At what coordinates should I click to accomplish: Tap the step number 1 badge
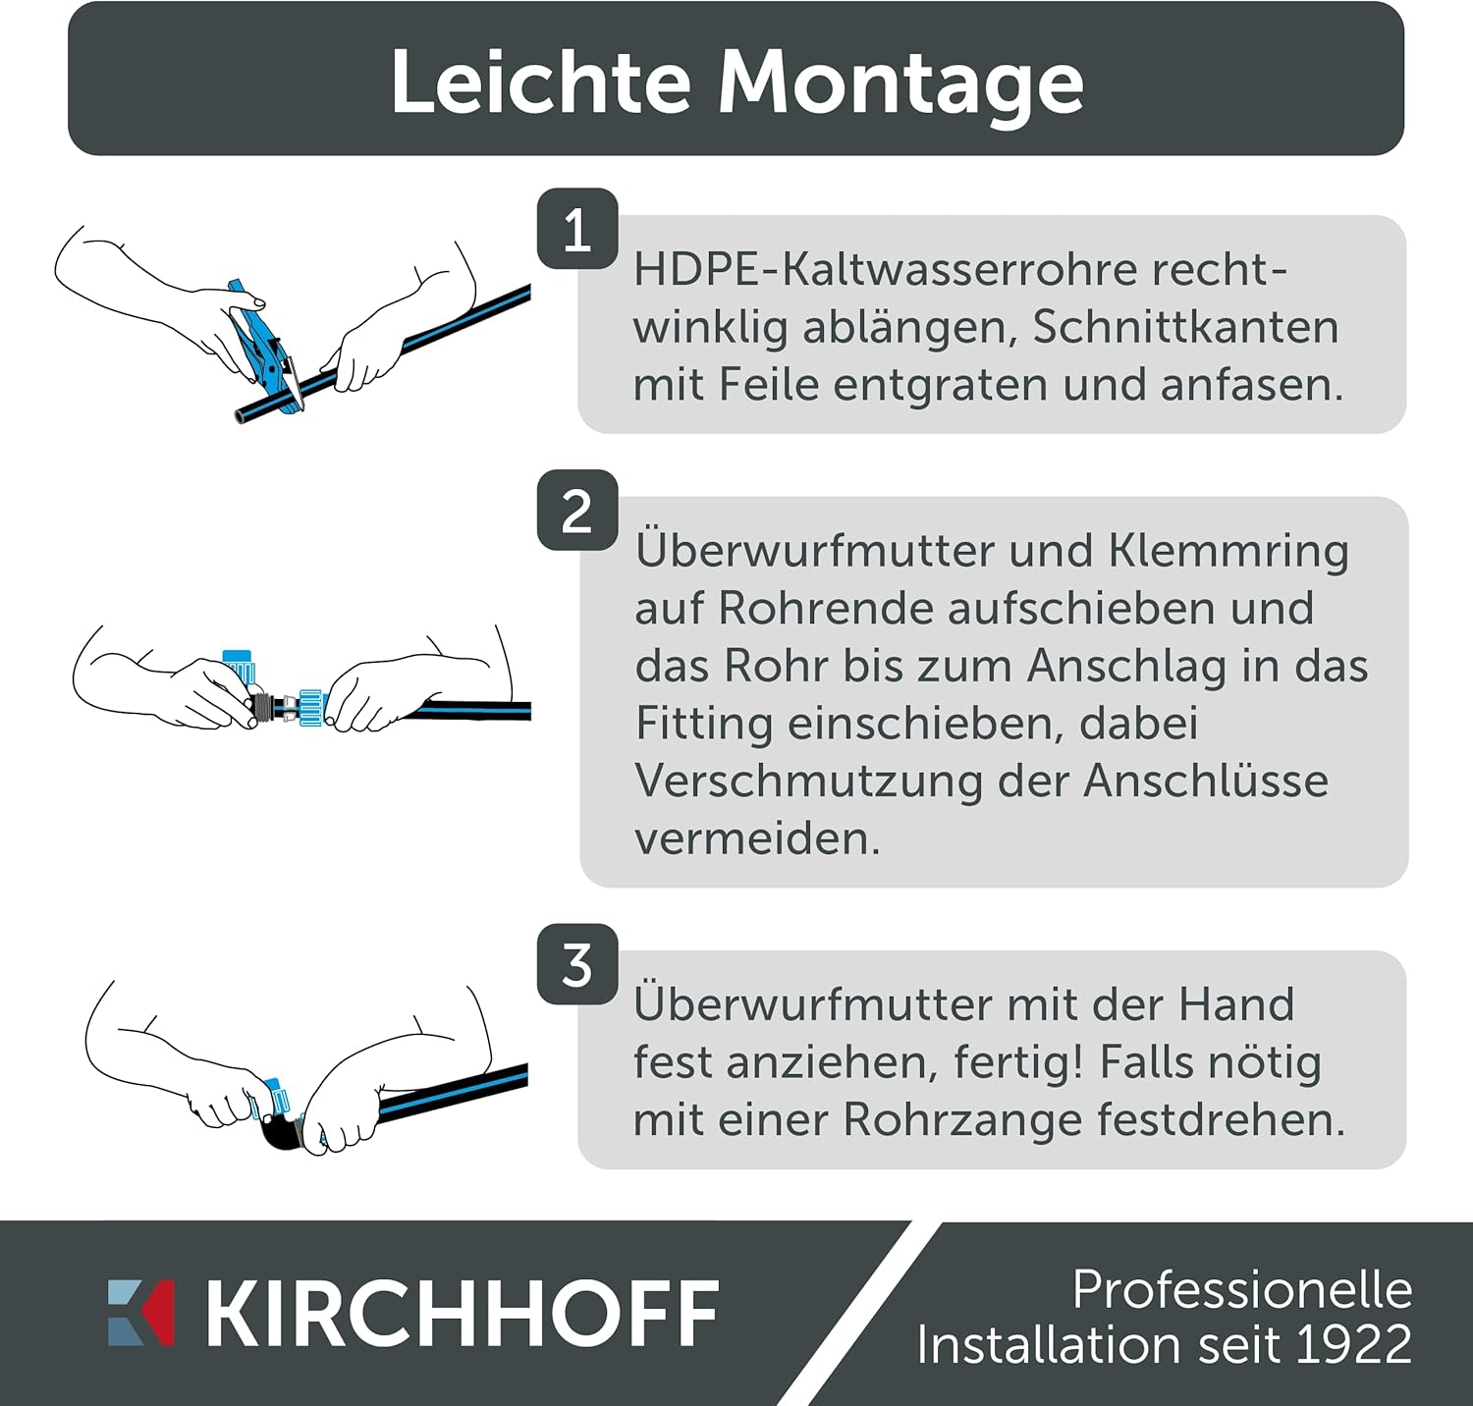(x=577, y=229)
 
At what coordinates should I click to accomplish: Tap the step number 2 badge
(x=577, y=511)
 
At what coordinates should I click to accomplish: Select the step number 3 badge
(x=577, y=964)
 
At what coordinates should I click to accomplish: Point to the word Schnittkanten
(x=1185, y=327)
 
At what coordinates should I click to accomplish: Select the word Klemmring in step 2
(x=1228, y=552)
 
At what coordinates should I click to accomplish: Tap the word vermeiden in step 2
(x=757, y=838)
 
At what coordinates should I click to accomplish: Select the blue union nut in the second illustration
(x=312, y=707)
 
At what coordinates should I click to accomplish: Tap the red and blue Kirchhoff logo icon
(x=140, y=1313)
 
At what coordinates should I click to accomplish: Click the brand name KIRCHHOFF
(x=463, y=1313)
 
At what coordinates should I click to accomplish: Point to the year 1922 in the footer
(x=1354, y=1345)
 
